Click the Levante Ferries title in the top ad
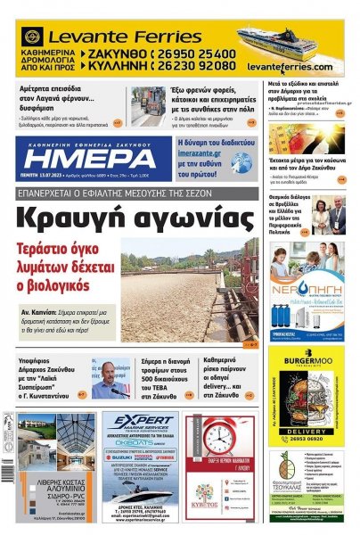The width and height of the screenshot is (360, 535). [x=108, y=37]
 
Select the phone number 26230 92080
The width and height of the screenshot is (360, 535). [x=198, y=67]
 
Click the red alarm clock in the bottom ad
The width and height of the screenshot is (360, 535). [x=218, y=438]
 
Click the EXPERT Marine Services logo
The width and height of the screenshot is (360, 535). [x=140, y=428]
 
